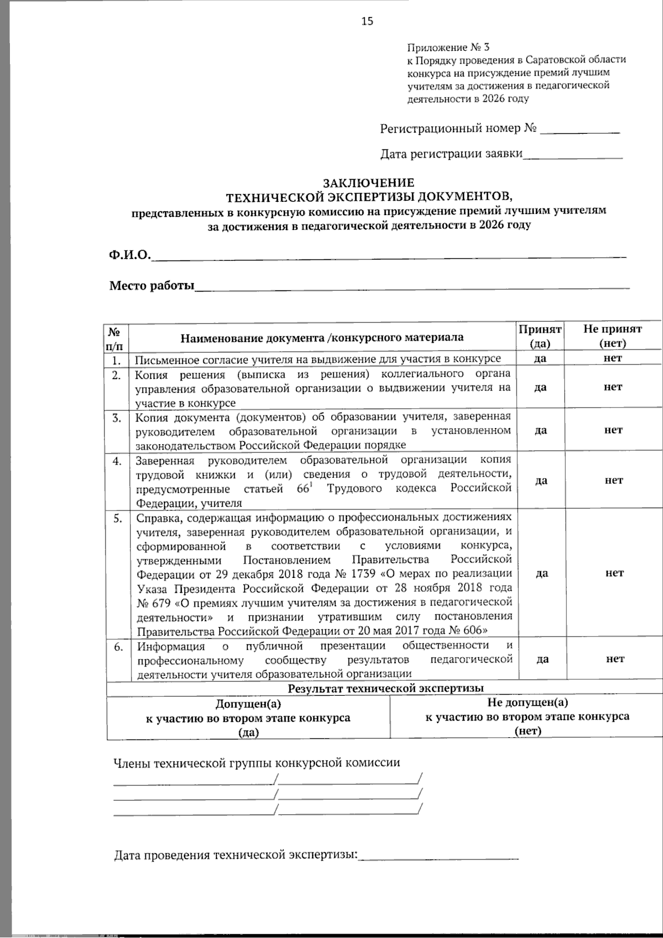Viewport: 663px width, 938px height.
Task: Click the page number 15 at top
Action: coord(367,22)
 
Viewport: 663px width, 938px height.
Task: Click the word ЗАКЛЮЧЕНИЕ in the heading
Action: coord(369,183)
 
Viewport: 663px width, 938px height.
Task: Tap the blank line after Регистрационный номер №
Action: coord(580,131)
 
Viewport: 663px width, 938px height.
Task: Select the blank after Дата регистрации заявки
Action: coord(572,155)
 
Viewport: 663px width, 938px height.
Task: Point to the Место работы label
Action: coord(152,285)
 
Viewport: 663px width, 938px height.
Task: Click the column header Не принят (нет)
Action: coord(613,336)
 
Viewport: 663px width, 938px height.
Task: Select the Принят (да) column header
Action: coord(540,336)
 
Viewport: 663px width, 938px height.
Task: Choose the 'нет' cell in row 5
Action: coord(614,573)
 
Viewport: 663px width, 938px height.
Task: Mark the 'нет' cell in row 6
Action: coord(614,659)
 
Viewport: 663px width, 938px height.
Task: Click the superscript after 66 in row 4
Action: coord(311,485)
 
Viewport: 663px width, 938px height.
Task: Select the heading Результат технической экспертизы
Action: coord(386,689)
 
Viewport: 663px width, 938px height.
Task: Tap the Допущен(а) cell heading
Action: coord(248,704)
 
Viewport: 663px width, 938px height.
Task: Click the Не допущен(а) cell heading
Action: coord(527,702)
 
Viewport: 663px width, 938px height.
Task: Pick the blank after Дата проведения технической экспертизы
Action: coord(439,855)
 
